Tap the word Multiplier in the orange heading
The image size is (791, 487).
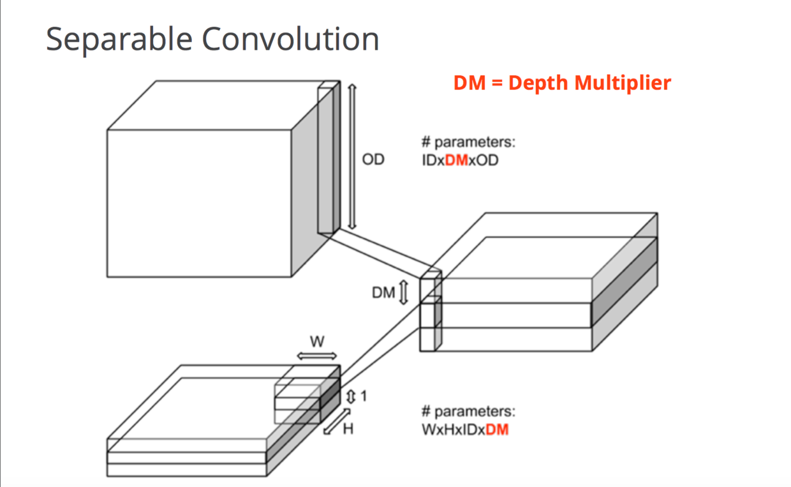coord(622,83)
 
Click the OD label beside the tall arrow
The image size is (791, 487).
coord(373,160)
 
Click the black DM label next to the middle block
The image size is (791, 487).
coord(384,293)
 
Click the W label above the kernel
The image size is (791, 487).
coord(316,341)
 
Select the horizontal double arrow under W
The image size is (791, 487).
coord(316,356)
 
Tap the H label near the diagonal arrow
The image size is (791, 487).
coord(348,429)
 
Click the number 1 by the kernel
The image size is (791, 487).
coord(364,396)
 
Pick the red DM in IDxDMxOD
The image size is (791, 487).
coord(456,160)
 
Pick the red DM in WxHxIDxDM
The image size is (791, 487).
coord(497,430)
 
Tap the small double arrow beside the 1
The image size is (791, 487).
coord(350,396)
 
